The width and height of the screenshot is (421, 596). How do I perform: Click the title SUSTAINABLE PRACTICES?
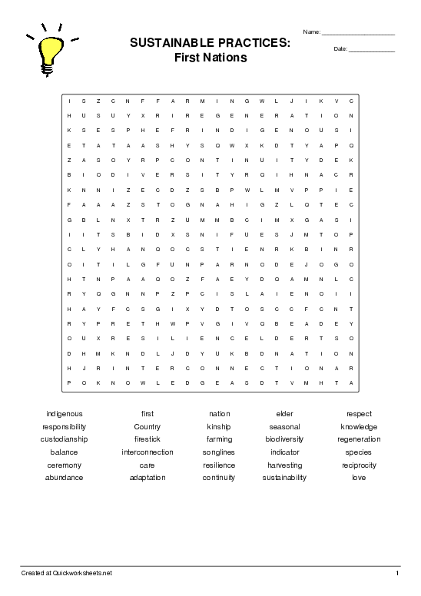click(x=210, y=44)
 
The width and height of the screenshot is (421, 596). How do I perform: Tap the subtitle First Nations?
click(x=210, y=58)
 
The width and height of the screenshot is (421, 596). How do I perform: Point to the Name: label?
click(x=312, y=32)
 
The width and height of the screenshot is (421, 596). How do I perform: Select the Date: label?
click(x=340, y=49)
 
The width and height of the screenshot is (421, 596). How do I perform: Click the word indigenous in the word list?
click(x=65, y=414)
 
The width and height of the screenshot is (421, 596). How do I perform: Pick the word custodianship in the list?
click(x=65, y=439)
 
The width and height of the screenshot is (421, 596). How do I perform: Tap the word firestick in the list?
click(x=147, y=439)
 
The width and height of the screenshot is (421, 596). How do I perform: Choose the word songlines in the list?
click(x=219, y=452)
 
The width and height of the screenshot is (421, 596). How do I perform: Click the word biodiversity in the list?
click(x=284, y=439)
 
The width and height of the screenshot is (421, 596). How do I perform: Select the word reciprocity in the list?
click(x=359, y=465)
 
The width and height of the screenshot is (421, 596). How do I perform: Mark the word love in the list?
click(x=359, y=478)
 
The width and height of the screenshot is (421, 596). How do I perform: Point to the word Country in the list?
click(x=147, y=427)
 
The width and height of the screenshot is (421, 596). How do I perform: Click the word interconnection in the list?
click(x=147, y=452)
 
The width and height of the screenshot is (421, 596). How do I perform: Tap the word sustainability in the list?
click(x=284, y=478)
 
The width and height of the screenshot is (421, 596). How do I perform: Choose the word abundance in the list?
click(x=65, y=478)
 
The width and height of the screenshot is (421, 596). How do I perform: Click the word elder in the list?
click(x=284, y=414)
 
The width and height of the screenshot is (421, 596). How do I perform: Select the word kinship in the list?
click(x=219, y=427)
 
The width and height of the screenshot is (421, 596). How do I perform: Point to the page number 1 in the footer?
click(x=397, y=573)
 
